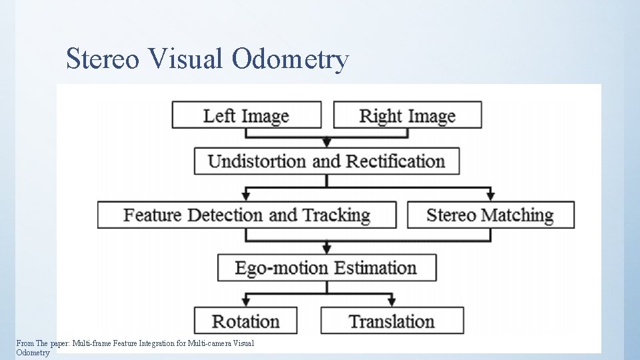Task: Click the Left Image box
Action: (246, 115)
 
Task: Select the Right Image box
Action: (407, 115)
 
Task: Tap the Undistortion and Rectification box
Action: (327, 161)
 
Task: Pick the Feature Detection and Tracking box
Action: (247, 215)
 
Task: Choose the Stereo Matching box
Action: (490, 215)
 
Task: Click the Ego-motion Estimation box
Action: (327, 268)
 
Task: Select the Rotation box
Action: (245, 321)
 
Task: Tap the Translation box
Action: (392, 321)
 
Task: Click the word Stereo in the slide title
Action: (103, 59)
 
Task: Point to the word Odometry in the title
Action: (290, 59)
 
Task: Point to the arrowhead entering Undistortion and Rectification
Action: (327, 143)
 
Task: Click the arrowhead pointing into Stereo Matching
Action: (491, 196)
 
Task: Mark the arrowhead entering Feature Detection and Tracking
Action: (246, 196)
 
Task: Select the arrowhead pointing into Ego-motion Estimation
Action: (327, 249)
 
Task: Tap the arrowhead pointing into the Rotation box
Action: (246, 303)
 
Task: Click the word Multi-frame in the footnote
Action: (91, 343)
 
